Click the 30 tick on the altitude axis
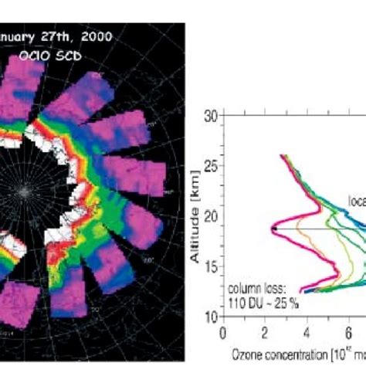[x=209, y=116]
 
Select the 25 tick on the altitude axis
[x=209, y=166]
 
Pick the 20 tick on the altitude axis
[x=209, y=216]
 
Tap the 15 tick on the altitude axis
[x=209, y=266]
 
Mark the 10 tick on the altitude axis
[x=209, y=317]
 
